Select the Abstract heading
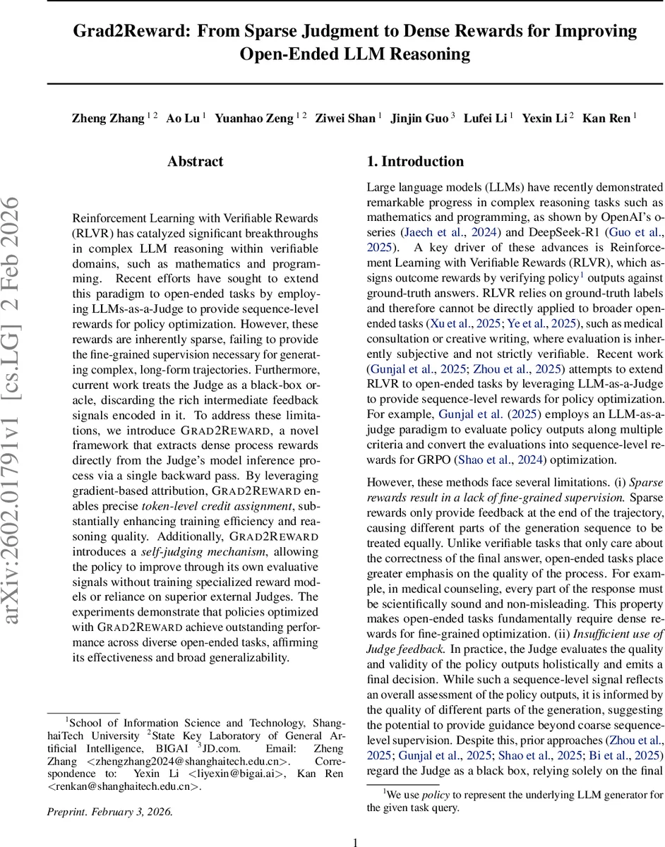196,162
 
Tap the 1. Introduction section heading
415,162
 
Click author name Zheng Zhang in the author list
107,119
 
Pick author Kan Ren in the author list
606,119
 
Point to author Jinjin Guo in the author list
419,119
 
